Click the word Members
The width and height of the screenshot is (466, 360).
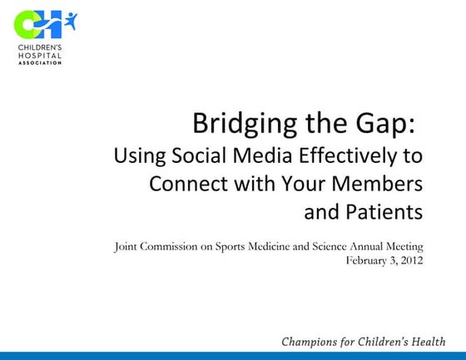383,184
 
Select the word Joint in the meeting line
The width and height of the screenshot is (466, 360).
126,246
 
